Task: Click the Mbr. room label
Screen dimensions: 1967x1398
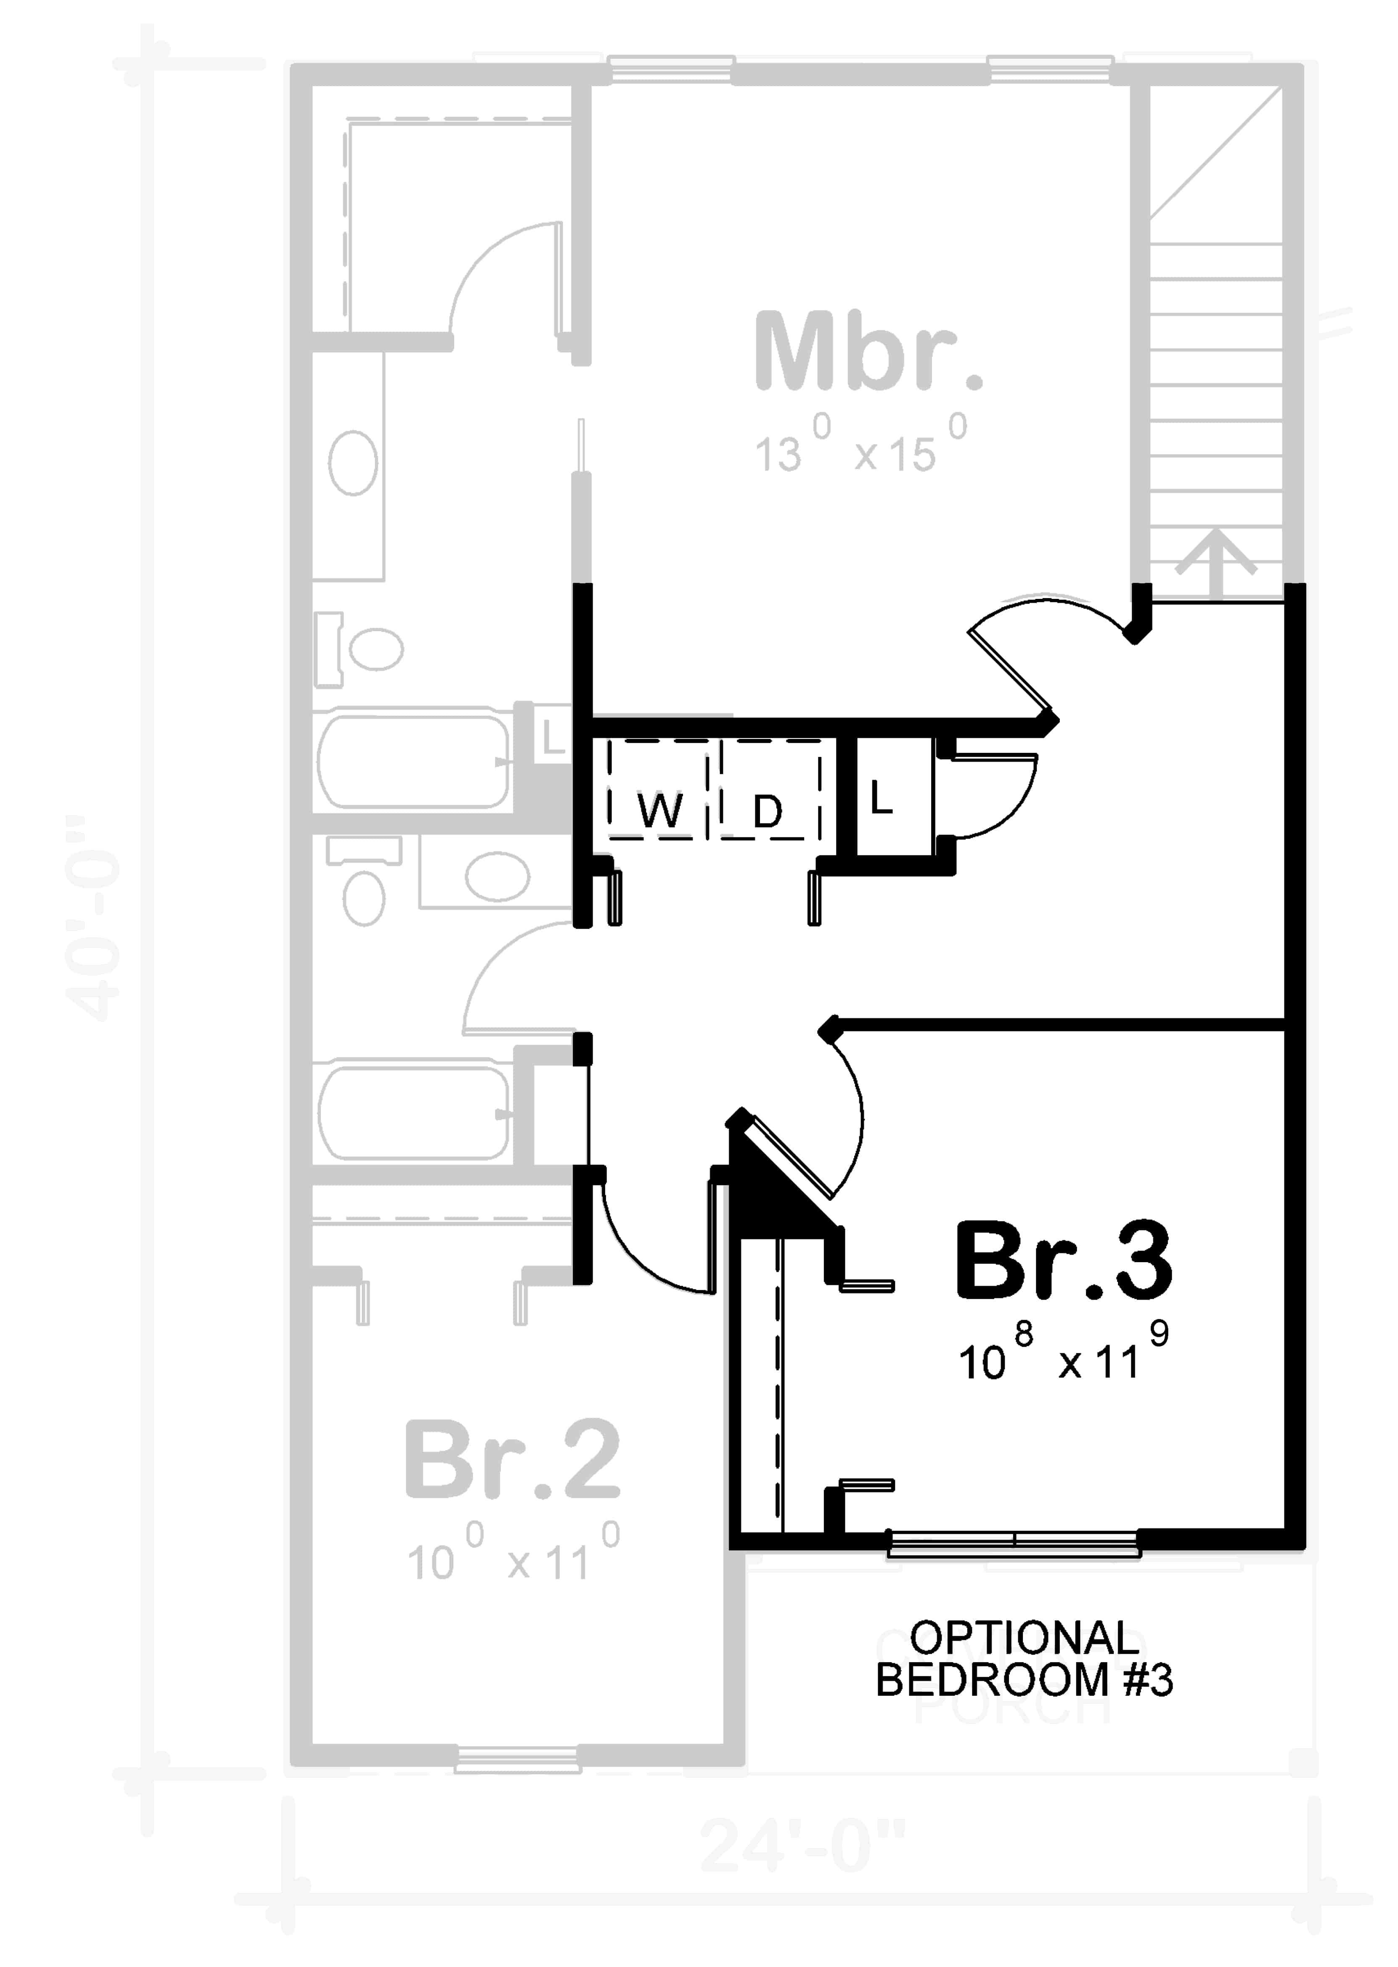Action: pos(868,353)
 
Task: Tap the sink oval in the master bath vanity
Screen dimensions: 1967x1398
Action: pos(353,463)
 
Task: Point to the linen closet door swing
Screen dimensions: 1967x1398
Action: pos(998,796)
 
